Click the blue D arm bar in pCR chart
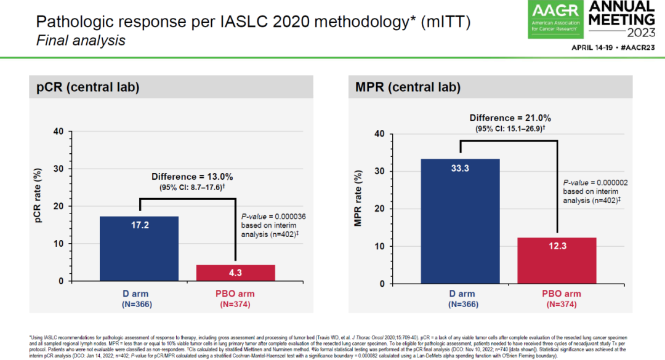click(x=139, y=249)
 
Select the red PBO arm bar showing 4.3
click(x=235, y=273)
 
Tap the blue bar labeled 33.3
click(x=460, y=221)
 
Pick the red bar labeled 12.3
click(x=557, y=260)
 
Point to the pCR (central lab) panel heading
click(x=85, y=88)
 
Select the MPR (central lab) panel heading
click(x=408, y=88)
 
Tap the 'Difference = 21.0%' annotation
click(x=510, y=118)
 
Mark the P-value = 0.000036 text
click(x=272, y=217)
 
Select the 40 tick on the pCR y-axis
click(x=58, y=131)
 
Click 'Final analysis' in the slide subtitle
click(x=81, y=41)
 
